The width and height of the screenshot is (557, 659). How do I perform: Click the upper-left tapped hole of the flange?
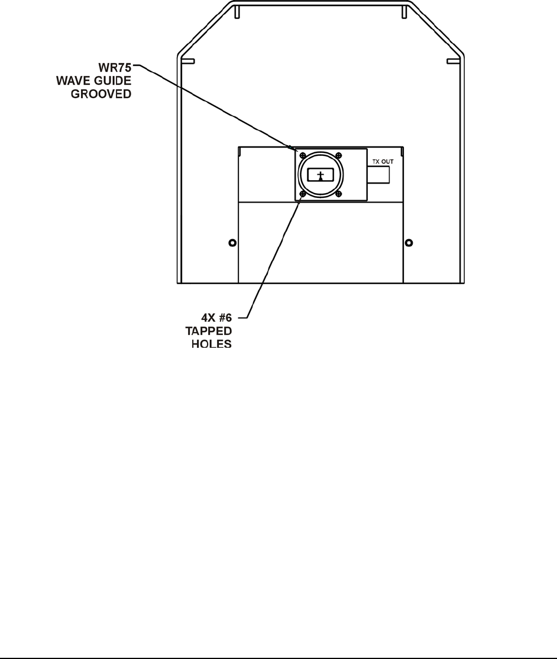[x=303, y=155]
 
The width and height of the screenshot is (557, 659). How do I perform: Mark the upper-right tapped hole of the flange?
[x=339, y=155]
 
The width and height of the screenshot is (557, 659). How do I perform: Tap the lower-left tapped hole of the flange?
[x=303, y=194]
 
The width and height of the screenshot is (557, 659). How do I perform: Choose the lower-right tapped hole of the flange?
[x=339, y=194]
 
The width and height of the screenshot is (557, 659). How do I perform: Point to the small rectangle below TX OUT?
[x=378, y=175]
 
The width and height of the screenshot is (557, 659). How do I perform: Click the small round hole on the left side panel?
[x=232, y=243]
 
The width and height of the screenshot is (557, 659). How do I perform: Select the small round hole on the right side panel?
[x=409, y=243]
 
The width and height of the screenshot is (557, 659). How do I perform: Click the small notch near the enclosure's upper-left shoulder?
[x=187, y=61]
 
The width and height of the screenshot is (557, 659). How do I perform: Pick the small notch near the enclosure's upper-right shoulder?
[x=453, y=61]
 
